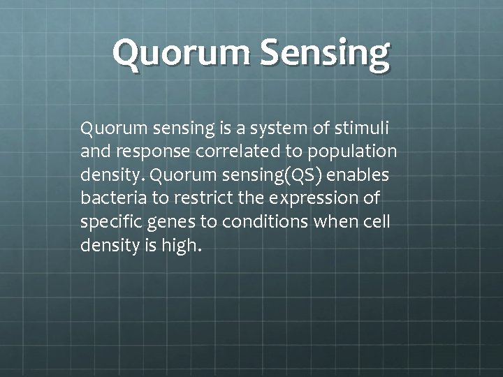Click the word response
click(143, 151)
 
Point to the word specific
click(110, 221)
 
